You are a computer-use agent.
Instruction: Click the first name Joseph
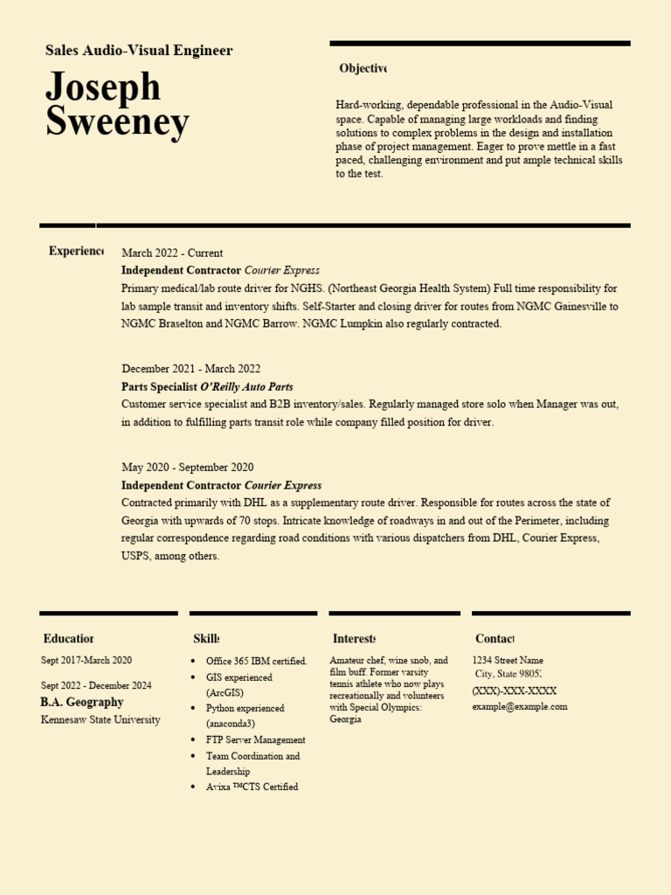(103, 87)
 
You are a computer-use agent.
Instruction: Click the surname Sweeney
(117, 122)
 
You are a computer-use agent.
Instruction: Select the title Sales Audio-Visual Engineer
(139, 51)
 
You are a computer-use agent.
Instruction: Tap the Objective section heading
(362, 68)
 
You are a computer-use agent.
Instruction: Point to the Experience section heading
(75, 251)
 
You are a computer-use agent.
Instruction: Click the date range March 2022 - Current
(172, 253)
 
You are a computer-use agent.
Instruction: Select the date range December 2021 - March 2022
(190, 369)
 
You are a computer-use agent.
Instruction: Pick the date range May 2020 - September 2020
(188, 468)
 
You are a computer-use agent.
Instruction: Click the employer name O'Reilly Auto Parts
(246, 386)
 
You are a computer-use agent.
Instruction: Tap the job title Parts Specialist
(159, 386)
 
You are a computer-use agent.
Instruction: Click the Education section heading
(68, 639)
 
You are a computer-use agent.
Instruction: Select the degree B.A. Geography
(82, 702)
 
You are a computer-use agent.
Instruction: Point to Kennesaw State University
(100, 720)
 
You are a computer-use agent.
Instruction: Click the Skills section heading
(205, 639)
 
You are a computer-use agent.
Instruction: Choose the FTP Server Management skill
(256, 739)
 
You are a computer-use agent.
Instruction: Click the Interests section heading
(354, 639)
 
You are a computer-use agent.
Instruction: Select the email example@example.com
(520, 706)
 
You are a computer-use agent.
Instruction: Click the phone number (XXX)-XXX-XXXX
(514, 690)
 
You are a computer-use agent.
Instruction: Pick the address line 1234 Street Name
(508, 661)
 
